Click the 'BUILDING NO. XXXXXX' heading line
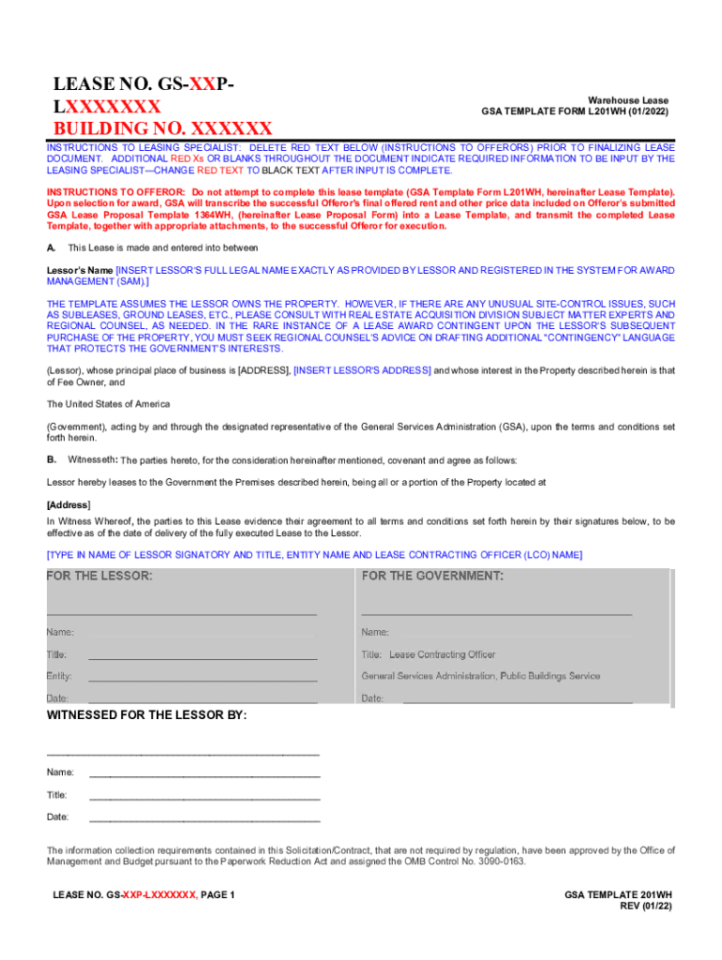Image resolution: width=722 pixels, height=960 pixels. coord(162,128)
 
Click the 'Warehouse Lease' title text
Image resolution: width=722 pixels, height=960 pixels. coord(628,100)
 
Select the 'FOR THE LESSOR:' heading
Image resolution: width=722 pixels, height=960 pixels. coord(100,575)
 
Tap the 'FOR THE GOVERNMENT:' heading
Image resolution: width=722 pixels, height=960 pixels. coord(432,575)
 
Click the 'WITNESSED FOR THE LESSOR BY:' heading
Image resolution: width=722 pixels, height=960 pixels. coord(147,715)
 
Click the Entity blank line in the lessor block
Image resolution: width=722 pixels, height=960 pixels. coord(203,678)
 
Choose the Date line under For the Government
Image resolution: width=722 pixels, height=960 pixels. coord(517,700)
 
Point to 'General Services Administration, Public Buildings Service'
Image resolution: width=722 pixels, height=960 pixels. coord(481,676)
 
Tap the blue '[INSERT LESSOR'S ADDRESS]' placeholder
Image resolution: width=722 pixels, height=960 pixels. coord(362,370)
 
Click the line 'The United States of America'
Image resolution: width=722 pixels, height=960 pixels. coord(109,404)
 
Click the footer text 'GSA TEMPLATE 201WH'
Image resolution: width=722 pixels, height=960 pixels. coord(618,895)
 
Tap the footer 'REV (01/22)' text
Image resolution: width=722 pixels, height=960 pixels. coord(646,907)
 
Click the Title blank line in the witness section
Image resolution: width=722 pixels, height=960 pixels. coord(204,798)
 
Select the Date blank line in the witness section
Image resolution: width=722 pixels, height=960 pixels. coord(204,820)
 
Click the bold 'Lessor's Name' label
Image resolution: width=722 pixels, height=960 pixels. coord(80,270)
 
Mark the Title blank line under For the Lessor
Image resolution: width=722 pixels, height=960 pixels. coord(203,656)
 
